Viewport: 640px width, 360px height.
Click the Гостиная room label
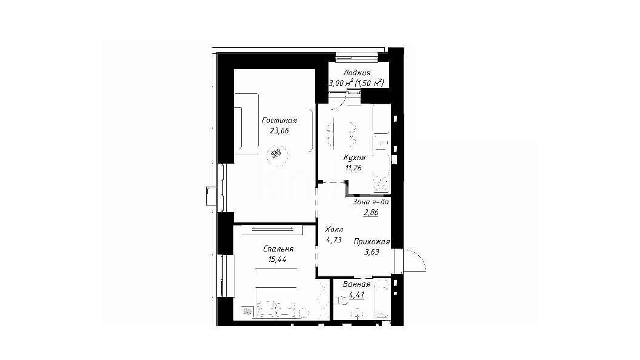279,121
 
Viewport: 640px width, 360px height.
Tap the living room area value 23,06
279,131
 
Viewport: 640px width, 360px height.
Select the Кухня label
354,158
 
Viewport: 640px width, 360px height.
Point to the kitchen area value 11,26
353,168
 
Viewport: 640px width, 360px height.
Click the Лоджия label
357,73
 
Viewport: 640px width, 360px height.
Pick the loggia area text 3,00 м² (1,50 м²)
357,83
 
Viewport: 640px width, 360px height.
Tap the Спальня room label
278,249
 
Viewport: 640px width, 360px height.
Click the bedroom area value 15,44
278,259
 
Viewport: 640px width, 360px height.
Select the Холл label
334,230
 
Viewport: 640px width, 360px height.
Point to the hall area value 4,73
334,240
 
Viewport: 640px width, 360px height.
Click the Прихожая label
372,242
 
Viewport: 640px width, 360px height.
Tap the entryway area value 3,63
372,252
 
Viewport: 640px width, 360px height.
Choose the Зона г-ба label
371,202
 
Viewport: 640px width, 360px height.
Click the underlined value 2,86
371,212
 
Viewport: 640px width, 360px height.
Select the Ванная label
356,284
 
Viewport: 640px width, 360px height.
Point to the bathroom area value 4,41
356,295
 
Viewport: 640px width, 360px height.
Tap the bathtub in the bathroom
382,298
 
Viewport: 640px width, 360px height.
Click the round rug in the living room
277,155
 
